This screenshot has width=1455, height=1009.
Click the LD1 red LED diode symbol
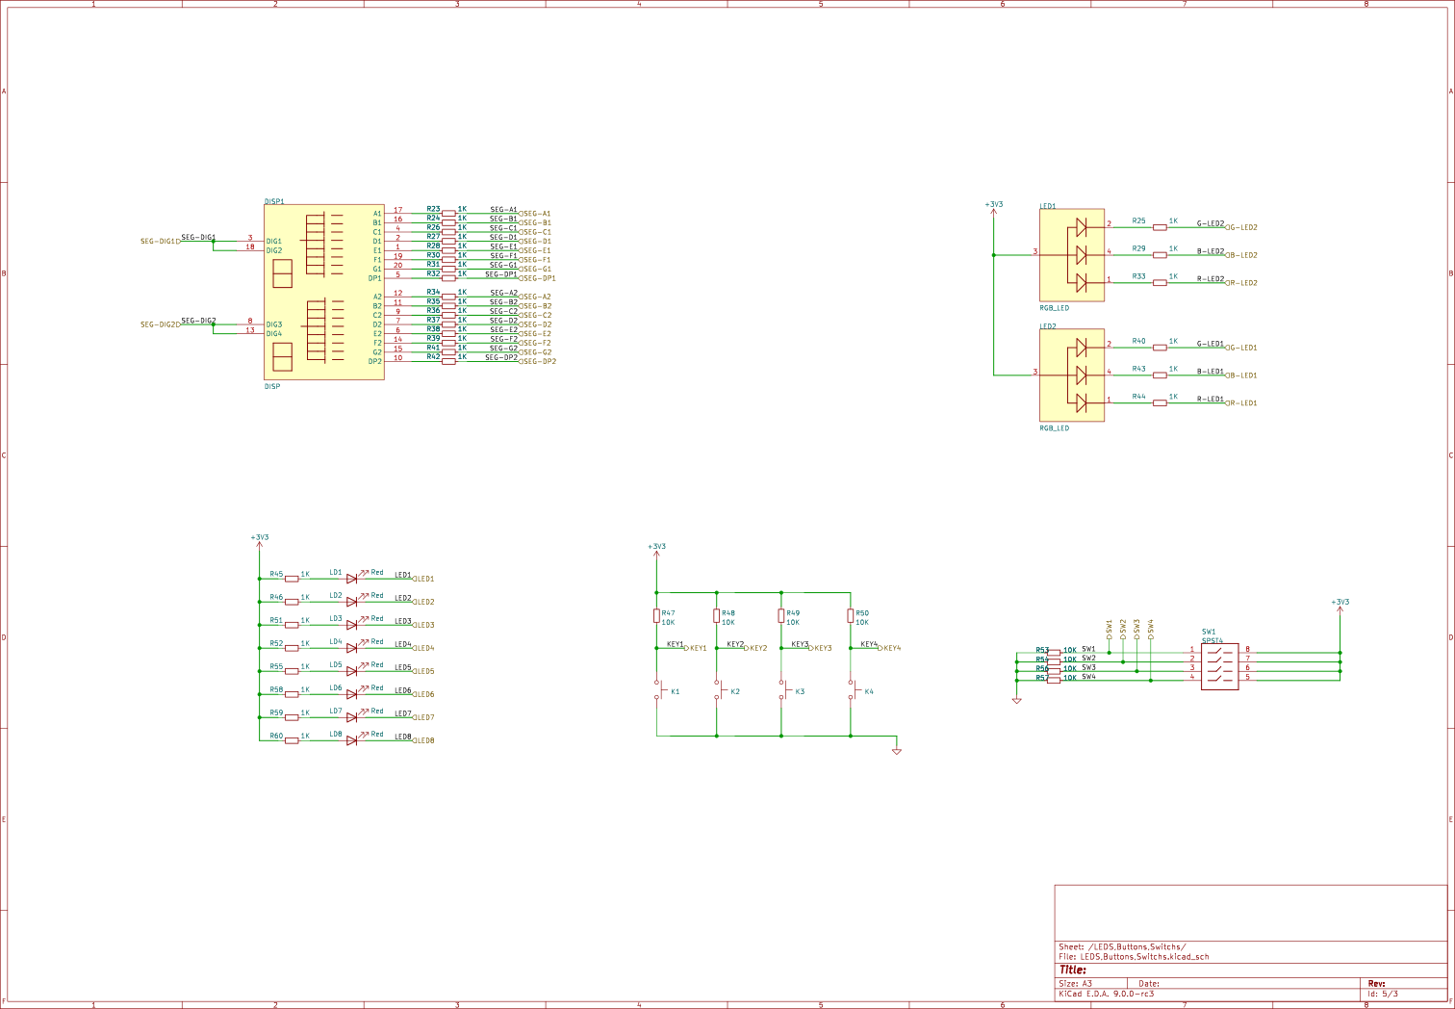tap(352, 579)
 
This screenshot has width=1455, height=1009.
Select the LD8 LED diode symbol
tap(352, 740)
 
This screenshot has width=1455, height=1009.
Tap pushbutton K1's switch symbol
tap(659, 690)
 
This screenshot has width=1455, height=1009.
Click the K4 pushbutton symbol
tap(853, 690)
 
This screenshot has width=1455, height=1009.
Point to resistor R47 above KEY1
tap(657, 615)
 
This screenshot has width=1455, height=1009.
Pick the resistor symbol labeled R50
tap(851, 615)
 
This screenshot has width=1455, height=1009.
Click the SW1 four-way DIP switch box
tap(1219, 663)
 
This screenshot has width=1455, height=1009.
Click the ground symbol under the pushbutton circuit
tap(896, 750)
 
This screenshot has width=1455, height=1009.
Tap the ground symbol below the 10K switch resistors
tap(1016, 701)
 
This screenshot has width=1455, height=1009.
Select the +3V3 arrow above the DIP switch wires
tap(1340, 606)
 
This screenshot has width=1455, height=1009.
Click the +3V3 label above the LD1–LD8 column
tap(259, 538)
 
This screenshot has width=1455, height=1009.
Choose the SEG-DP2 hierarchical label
tap(538, 361)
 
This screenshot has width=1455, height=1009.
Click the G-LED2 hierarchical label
tap(1241, 228)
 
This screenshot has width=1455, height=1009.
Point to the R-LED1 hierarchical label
tap(1241, 403)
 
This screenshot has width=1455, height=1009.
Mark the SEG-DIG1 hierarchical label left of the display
tap(160, 242)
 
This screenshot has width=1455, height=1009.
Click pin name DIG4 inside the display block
tap(274, 334)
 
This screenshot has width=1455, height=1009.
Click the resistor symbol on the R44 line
tap(1160, 402)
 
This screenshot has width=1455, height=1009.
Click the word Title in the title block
tap(1072, 970)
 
